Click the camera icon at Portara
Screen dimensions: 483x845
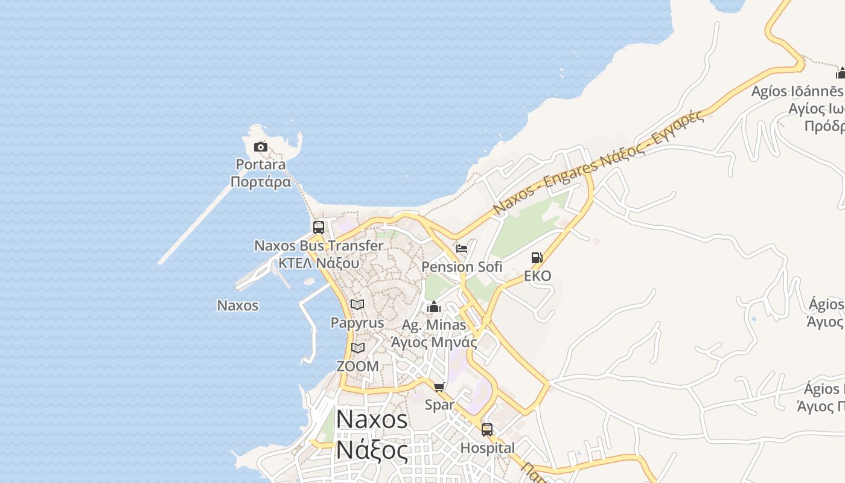point(260,147)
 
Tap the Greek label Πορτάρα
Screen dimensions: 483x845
point(261,182)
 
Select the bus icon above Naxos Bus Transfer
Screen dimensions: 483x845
point(319,228)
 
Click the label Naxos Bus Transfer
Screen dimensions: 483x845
point(319,246)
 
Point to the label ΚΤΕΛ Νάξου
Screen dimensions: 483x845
point(319,263)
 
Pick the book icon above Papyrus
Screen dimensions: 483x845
point(357,305)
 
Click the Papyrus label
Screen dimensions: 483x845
point(357,323)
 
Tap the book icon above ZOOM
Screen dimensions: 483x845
point(358,348)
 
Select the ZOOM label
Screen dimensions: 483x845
point(358,366)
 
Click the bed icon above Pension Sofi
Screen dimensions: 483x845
point(462,248)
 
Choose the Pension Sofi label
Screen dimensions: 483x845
point(462,266)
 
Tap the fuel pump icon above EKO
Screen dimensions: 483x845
point(537,258)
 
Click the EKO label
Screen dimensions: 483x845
point(537,276)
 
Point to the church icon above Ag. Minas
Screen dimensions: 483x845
point(434,307)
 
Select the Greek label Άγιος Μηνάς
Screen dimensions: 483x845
point(434,342)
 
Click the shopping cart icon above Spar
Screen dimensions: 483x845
point(439,386)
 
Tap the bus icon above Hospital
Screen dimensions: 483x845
point(487,430)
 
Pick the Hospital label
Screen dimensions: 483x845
point(488,448)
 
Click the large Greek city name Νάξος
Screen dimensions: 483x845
point(371,450)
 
